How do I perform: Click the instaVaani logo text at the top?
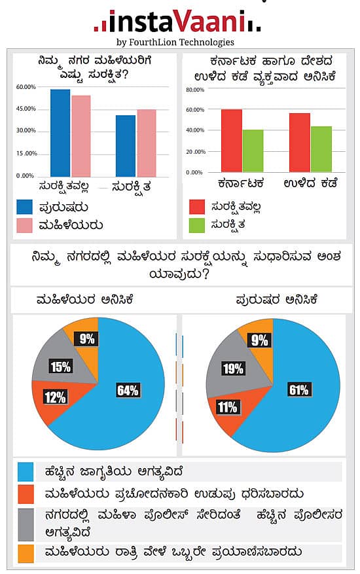177,22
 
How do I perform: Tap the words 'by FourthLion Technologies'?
175,42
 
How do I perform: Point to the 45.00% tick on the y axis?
26,109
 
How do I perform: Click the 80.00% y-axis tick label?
195,89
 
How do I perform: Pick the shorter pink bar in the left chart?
147,143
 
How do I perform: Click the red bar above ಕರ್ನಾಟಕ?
232,141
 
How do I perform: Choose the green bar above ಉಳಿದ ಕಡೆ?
321,149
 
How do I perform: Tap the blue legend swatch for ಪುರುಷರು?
26,207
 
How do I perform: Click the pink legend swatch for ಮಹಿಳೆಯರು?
26,225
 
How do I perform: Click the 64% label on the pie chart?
128,391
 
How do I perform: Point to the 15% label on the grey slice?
60,367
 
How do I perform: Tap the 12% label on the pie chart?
54,397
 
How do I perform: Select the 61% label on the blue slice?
299,390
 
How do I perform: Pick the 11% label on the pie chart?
227,407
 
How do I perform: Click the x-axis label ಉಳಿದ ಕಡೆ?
311,183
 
